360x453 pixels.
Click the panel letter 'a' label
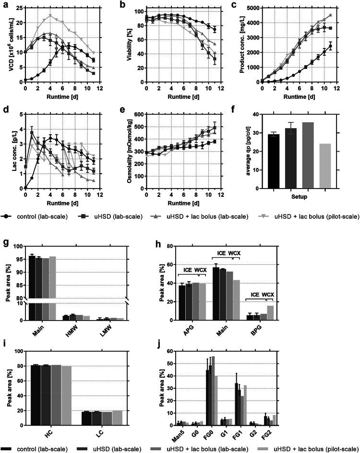coord(5,5)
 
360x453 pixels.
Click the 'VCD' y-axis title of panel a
coord(6,45)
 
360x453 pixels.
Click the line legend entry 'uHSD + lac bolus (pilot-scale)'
coord(319,216)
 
